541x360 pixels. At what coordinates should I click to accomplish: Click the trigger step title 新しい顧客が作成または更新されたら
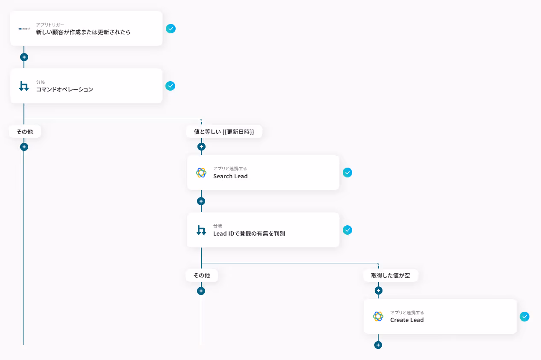[x=83, y=32]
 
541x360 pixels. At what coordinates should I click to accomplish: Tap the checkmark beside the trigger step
[x=171, y=29]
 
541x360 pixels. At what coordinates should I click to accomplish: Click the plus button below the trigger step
[x=24, y=57]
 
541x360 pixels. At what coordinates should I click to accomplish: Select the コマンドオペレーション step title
[x=64, y=89]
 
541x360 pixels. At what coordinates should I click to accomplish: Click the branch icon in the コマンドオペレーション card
[x=24, y=86]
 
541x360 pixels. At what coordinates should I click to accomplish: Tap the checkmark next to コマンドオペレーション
[x=171, y=86]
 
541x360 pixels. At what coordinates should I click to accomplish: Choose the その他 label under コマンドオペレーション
[x=24, y=132]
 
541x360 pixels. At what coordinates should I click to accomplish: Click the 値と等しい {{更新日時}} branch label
[x=224, y=132]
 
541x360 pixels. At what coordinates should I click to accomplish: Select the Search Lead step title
[x=230, y=176]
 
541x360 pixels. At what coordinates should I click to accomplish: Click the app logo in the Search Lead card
[x=201, y=173]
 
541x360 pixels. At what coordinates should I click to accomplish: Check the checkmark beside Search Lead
[x=347, y=173]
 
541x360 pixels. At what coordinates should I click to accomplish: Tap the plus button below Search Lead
[x=201, y=201]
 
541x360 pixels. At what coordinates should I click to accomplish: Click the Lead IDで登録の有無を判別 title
[x=249, y=233]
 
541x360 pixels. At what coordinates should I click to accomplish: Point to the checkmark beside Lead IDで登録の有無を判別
[x=347, y=230]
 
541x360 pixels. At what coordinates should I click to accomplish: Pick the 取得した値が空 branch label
[x=390, y=275]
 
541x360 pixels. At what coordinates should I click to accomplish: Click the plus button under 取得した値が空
[x=378, y=291]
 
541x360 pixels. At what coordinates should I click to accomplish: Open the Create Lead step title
[x=407, y=320]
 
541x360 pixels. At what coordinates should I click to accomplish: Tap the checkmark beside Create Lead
[x=524, y=316]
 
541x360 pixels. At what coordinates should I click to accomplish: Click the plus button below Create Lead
[x=378, y=345]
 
